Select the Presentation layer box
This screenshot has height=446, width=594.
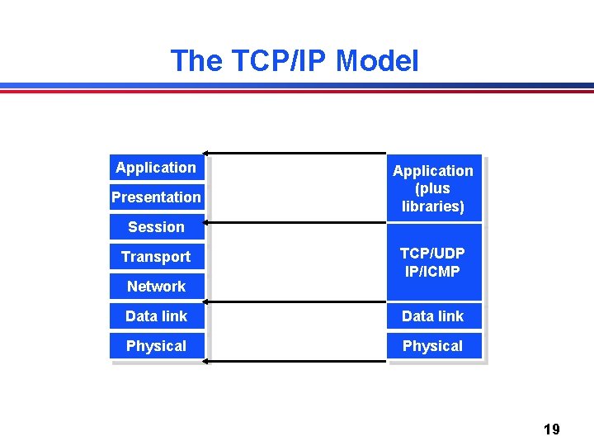click(x=156, y=197)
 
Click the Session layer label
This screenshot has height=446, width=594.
click(x=156, y=227)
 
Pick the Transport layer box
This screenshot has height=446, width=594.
click(x=156, y=257)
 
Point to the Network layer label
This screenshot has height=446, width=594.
click(x=156, y=287)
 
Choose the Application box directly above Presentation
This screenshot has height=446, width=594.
click(x=156, y=168)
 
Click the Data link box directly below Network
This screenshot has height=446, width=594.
click(x=156, y=316)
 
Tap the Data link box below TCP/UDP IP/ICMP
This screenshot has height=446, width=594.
click(x=433, y=316)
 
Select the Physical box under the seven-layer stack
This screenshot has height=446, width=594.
click(x=156, y=346)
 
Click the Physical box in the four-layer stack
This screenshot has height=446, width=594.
click(x=433, y=346)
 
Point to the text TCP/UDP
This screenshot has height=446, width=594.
click(x=433, y=254)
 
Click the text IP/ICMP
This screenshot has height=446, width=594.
click(x=433, y=272)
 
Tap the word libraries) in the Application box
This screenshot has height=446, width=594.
click(x=433, y=206)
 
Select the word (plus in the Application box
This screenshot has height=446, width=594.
click(x=433, y=188)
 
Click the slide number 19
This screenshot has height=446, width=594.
click(x=552, y=429)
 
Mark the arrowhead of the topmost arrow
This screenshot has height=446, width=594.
click(x=206, y=153)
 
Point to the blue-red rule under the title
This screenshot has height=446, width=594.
click(x=297, y=88)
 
